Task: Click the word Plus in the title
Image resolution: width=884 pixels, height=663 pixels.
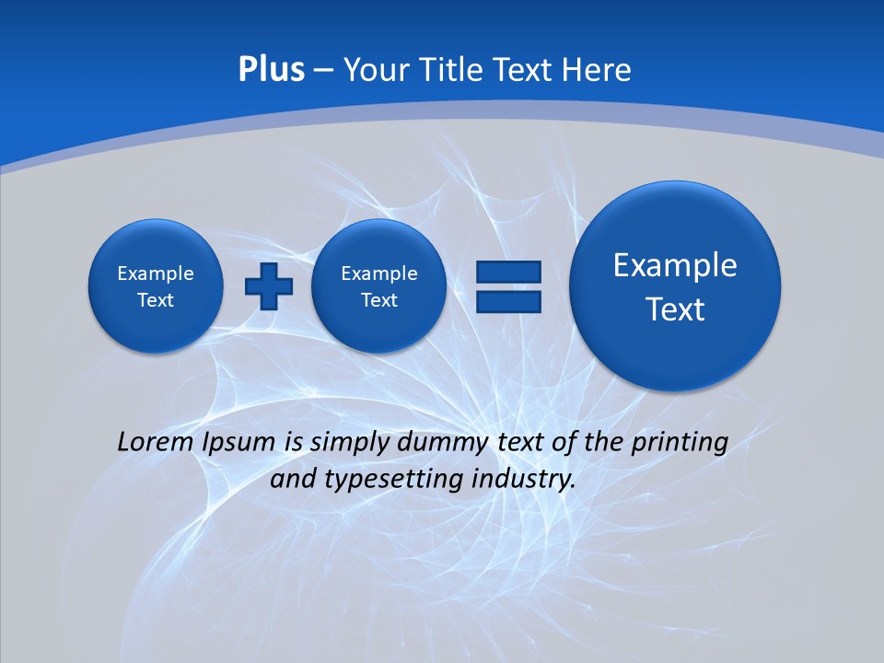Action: tap(271, 70)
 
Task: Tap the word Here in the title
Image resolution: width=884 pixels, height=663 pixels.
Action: tap(597, 70)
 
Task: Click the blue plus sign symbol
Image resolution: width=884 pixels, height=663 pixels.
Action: tap(269, 286)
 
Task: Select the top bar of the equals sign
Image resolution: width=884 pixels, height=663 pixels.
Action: tap(508, 272)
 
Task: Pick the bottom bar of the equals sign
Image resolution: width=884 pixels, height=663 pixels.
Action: tap(508, 301)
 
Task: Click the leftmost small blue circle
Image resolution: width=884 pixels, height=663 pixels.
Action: tap(155, 286)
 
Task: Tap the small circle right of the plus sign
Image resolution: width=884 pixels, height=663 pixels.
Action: tap(378, 286)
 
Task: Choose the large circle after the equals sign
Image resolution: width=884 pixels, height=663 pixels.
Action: tap(675, 285)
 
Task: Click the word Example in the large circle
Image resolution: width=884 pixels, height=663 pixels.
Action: tap(675, 265)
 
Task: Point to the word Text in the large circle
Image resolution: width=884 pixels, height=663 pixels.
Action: tap(675, 309)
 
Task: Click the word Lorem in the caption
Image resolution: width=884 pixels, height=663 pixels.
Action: tap(156, 442)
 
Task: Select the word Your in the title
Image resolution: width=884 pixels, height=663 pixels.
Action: tap(374, 70)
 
